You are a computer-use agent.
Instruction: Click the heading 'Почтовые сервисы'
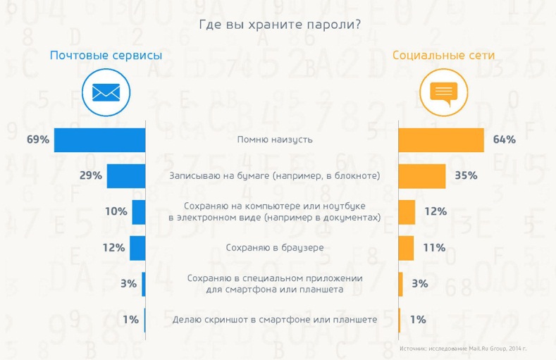106,55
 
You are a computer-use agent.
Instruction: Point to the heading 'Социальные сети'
443,55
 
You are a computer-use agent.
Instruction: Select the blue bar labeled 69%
99,139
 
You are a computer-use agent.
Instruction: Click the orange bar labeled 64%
441,139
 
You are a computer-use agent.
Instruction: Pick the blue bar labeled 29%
126,175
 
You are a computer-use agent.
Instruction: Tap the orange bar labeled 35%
422,175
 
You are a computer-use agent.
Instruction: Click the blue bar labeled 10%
139,211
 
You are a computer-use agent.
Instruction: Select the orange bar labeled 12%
407,211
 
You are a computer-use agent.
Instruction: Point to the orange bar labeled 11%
406,247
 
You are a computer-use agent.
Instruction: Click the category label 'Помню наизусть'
275,139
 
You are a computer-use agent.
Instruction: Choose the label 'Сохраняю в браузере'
275,247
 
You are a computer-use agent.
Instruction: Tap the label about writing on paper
275,175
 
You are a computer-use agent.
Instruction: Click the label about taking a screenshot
275,320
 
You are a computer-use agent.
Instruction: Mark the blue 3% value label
128,284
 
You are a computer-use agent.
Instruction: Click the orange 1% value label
418,320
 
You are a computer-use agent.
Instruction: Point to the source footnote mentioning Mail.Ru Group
463,349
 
